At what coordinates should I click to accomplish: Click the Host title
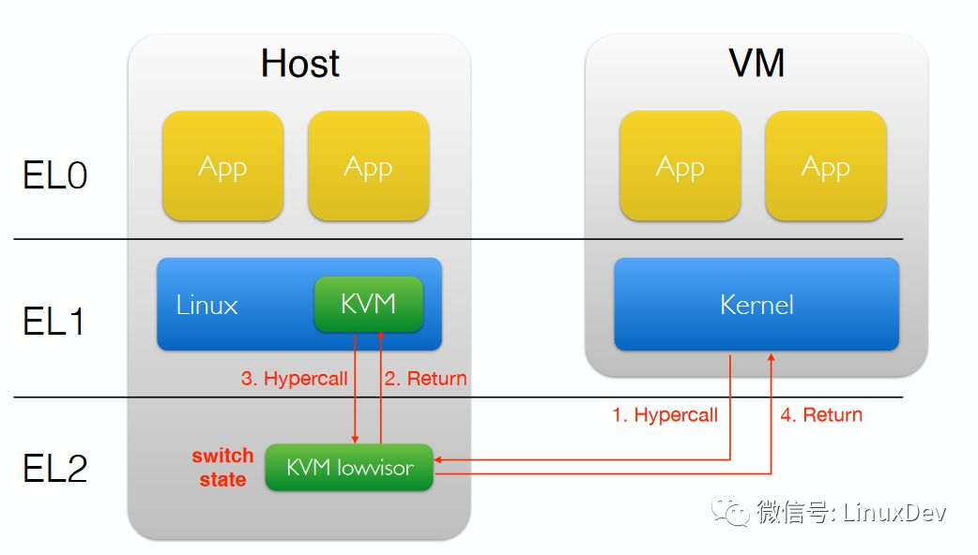[299, 64]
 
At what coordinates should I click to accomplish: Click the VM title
[756, 64]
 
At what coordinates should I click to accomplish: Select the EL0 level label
[55, 175]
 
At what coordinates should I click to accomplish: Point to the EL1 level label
[54, 321]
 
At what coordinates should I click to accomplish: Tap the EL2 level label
[55, 468]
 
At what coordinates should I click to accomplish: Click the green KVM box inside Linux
[368, 304]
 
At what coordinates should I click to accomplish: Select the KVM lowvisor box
[349, 467]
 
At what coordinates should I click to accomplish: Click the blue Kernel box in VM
[756, 305]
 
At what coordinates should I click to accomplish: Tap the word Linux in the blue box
[206, 306]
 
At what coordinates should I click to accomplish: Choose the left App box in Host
[222, 167]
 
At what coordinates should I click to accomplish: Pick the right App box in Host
[368, 167]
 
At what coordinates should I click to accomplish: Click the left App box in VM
[680, 167]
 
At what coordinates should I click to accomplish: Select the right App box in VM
[825, 167]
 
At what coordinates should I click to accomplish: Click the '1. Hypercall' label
[665, 414]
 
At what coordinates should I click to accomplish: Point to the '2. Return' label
[425, 379]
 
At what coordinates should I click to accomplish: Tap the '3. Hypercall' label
[294, 379]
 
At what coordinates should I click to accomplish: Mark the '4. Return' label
[821, 414]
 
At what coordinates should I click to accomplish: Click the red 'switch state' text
[222, 468]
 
